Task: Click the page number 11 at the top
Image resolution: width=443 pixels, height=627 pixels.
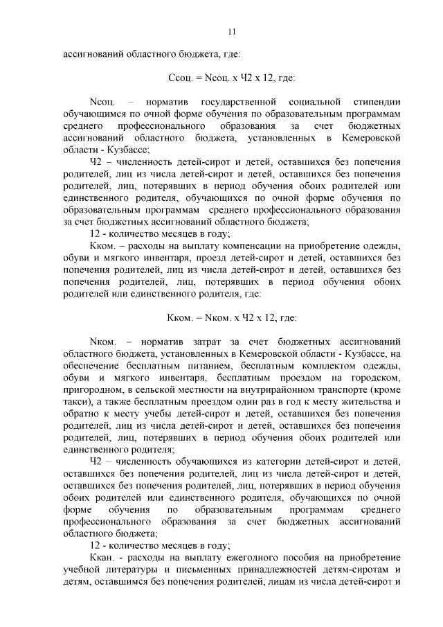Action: pyautogui.click(x=232, y=30)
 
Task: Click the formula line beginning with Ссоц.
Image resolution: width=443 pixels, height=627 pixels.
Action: pyautogui.click(x=232, y=78)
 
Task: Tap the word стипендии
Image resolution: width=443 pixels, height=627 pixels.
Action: pyautogui.click(x=377, y=103)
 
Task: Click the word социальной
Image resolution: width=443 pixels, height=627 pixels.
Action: pyautogui.click(x=311, y=103)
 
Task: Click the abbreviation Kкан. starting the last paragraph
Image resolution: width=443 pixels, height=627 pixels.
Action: pyautogui.click(x=104, y=558)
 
